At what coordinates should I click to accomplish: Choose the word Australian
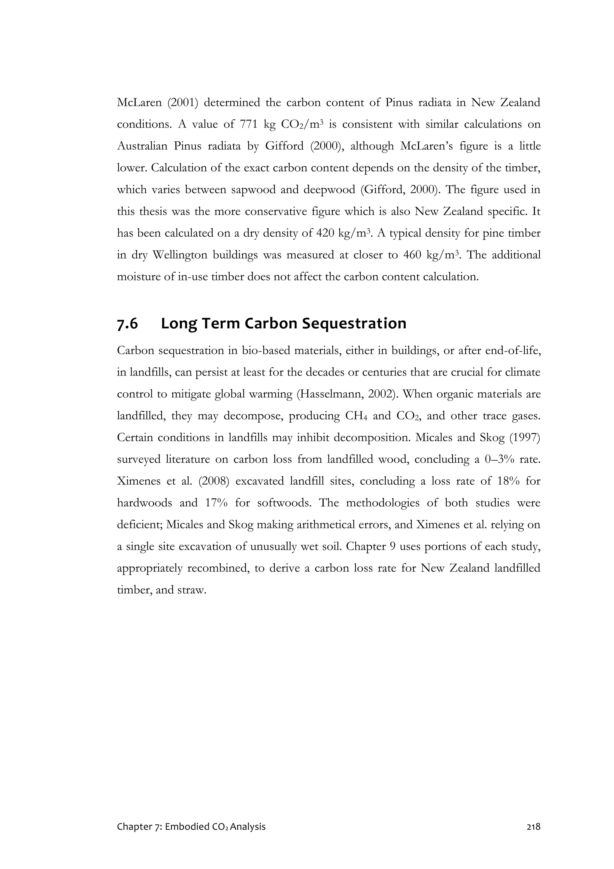[x=142, y=146]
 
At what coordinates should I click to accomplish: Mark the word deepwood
[x=329, y=190]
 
